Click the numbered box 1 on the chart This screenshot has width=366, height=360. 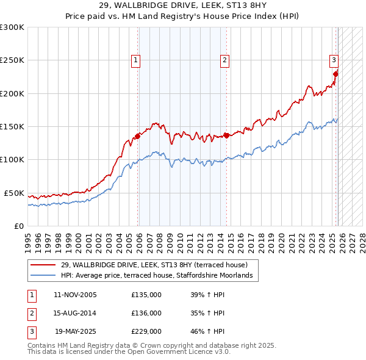click(x=135, y=60)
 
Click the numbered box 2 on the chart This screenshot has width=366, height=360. click(x=224, y=60)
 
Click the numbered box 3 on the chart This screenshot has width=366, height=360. click(x=334, y=60)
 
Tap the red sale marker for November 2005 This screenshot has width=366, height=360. click(x=138, y=136)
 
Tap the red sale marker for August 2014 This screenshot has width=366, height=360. click(x=226, y=135)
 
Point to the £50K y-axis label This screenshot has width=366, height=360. click(x=14, y=193)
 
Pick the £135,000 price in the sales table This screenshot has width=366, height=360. click(x=146, y=295)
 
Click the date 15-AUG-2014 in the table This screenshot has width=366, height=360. click(x=75, y=314)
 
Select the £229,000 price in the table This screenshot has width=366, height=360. click(x=146, y=333)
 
